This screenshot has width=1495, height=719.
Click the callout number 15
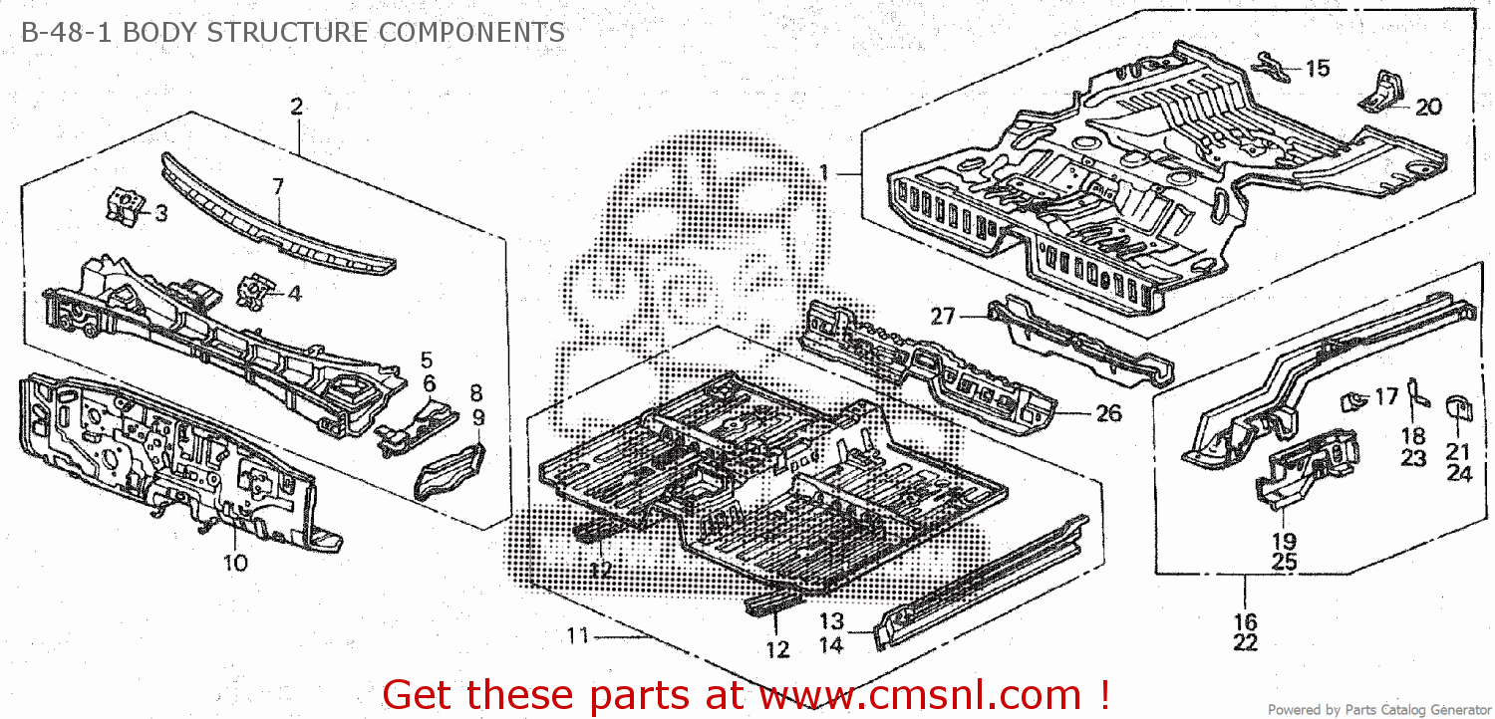pos(1318,68)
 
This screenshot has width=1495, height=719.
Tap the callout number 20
pos(1428,107)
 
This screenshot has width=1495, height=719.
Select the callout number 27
pos(943,316)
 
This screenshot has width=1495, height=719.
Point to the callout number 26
pos(1108,413)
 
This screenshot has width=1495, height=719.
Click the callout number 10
pos(235,563)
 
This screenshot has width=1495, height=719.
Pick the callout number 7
pos(278,186)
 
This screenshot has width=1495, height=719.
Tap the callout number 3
pos(160,213)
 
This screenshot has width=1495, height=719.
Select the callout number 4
pos(294,294)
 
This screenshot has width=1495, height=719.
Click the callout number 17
pos(1386,397)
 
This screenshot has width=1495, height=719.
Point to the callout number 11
pos(577,635)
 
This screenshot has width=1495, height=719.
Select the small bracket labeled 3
pos(125,205)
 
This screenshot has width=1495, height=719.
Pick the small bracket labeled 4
pos(255,291)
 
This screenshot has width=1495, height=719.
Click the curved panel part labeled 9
pos(449,471)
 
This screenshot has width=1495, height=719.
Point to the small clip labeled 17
pos(1354,401)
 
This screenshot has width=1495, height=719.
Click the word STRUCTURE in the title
pos(287,32)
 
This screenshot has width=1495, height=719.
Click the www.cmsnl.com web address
pos(920,696)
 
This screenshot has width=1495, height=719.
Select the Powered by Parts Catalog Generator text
pos(1378,710)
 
